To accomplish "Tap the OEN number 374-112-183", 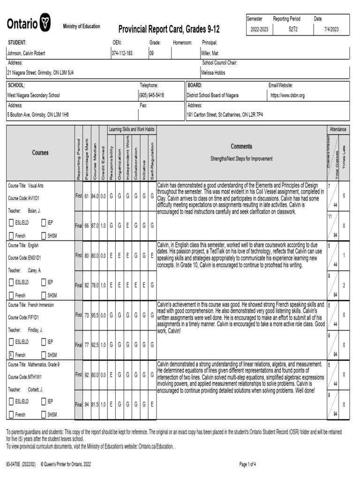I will [x=122, y=53].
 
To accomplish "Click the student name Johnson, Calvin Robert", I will [x=26, y=53].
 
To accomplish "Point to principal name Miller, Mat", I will [x=210, y=53].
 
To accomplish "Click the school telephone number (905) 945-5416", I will [x=151, y=95].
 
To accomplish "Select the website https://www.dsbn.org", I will [x=287, y=95].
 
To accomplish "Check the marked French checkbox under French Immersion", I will [x=11, y=355].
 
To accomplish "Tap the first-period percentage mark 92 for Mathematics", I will [x=87, y=375].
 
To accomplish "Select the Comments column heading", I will [x=241, y=146].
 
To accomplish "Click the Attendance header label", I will [x=337, y=129].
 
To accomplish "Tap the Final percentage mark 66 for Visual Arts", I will [x=87, y=225].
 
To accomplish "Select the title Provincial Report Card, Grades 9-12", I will [x=169, y=30].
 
